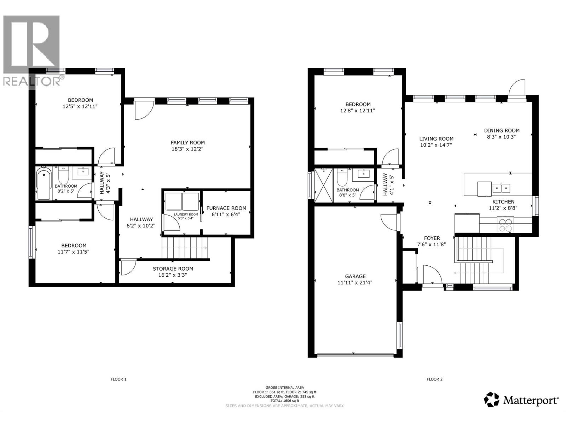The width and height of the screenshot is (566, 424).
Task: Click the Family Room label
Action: coord(187,142)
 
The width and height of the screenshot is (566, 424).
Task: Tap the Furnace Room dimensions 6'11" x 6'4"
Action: coord(226,214)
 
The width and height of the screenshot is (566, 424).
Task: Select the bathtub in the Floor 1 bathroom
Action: coord(44,184)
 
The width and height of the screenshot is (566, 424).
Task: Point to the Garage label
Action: coord(355,276)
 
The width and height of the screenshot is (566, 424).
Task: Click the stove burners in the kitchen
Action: coord(505,225)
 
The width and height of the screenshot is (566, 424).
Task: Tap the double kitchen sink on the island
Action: coord(502,187)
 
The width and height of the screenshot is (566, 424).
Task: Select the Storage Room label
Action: coord(173,269)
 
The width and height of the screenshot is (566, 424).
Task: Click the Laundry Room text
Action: coord(186,214)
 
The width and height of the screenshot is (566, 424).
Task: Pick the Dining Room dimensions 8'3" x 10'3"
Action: coord(502,137)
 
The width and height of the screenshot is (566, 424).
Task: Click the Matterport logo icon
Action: coord(492,399)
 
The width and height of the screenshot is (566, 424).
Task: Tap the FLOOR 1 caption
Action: coord(119,379)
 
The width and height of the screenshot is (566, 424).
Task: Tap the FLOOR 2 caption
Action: coord(434,379)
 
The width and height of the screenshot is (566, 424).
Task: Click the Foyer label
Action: coord(432,238)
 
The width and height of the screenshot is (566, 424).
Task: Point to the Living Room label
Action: coord(436,139)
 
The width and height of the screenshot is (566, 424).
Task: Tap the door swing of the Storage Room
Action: coord(128,267)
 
